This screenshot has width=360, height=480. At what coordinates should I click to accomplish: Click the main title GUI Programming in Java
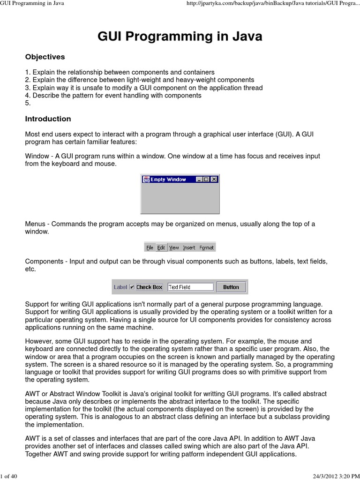click(x=180, y=37)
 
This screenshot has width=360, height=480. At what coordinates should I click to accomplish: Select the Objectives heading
click(x=45, y=57)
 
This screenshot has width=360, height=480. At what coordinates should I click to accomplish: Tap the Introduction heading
click(x=48, y=119)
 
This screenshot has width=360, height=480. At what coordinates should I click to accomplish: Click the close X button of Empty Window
click(x=214, y=179)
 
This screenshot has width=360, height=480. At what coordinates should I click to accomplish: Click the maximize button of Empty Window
click(x=207, y=179)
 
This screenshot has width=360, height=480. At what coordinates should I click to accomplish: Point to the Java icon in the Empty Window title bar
click(x=146, y=179)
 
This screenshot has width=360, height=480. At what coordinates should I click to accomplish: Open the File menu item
click(x=150, y=247)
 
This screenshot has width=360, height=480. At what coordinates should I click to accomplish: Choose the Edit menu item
click(x=161, y=247)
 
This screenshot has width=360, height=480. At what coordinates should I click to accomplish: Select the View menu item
click(x=174, y=247)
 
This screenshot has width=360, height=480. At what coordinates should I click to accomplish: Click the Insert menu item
click(x=189, y=247)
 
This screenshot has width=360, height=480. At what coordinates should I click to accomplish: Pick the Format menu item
click(x=206, y=247)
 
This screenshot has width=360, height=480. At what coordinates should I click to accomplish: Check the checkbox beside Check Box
click(x=132, y=287)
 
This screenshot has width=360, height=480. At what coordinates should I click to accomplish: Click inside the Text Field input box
click(x=190, y=287)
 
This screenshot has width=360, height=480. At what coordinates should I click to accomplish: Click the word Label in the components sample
click(x=120, y=287)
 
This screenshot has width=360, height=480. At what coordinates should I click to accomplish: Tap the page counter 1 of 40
click(x=9, y=477)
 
